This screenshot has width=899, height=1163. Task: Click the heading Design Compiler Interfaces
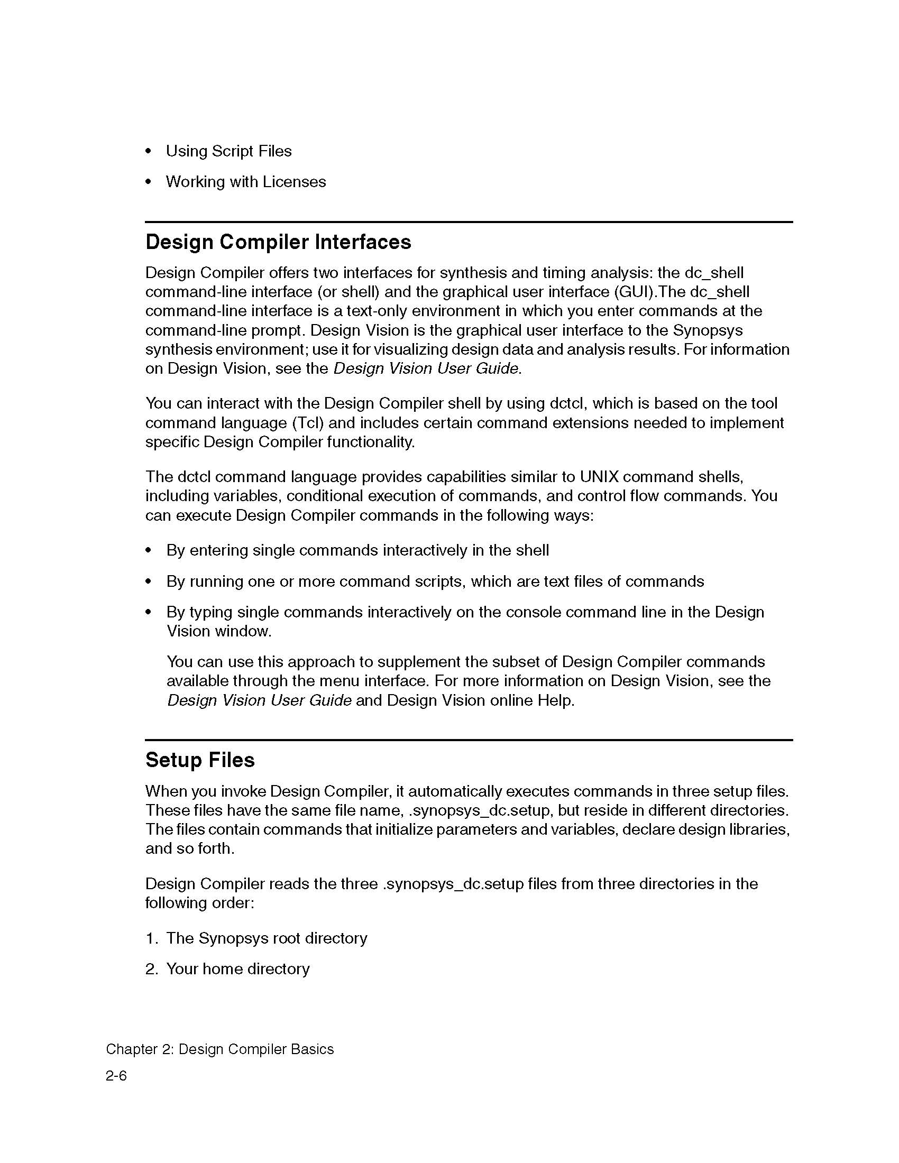(278, 242)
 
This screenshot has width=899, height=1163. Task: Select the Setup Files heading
(200, 760)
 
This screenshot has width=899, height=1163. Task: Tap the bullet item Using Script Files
(228, 151)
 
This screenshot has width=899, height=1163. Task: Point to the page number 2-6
(116, 1076)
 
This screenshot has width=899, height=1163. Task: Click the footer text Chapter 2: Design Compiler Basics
(219, 1049)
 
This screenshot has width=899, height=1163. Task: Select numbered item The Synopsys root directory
(267, 938)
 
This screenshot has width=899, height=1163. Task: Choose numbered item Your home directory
(237, 968)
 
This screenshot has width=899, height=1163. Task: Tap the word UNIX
(599, 477)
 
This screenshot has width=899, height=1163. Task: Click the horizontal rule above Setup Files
(469, 740)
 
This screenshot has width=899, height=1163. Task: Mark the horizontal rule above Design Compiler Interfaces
(469, 222)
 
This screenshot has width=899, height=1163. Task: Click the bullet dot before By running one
(149, 581)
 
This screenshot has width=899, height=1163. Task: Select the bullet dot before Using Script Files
(149, 152)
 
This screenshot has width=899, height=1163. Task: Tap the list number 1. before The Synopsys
(151, 938)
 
